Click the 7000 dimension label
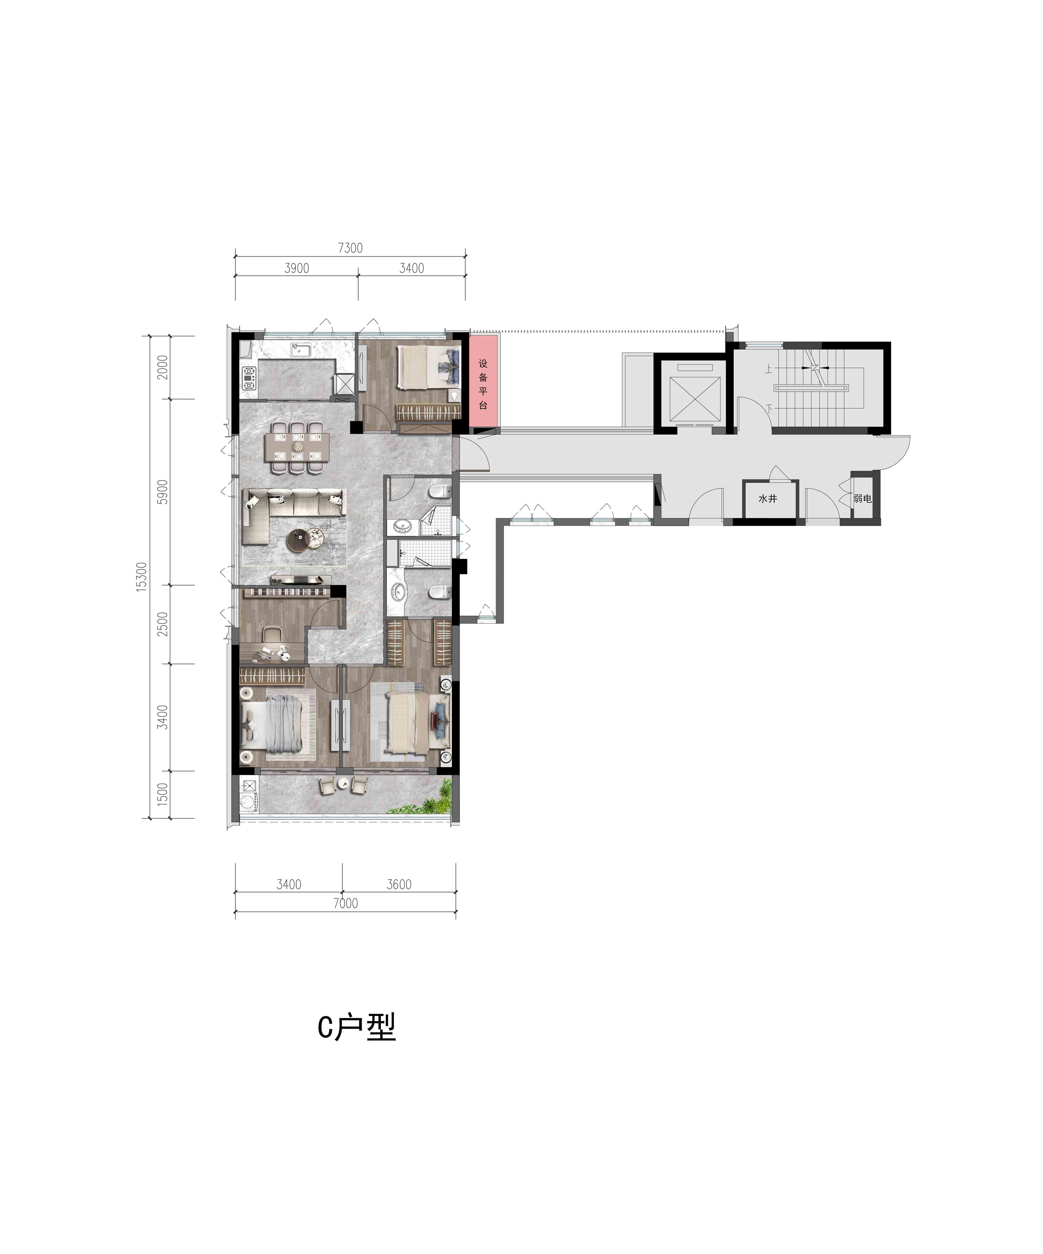(345, 904)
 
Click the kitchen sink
(300, 349)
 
